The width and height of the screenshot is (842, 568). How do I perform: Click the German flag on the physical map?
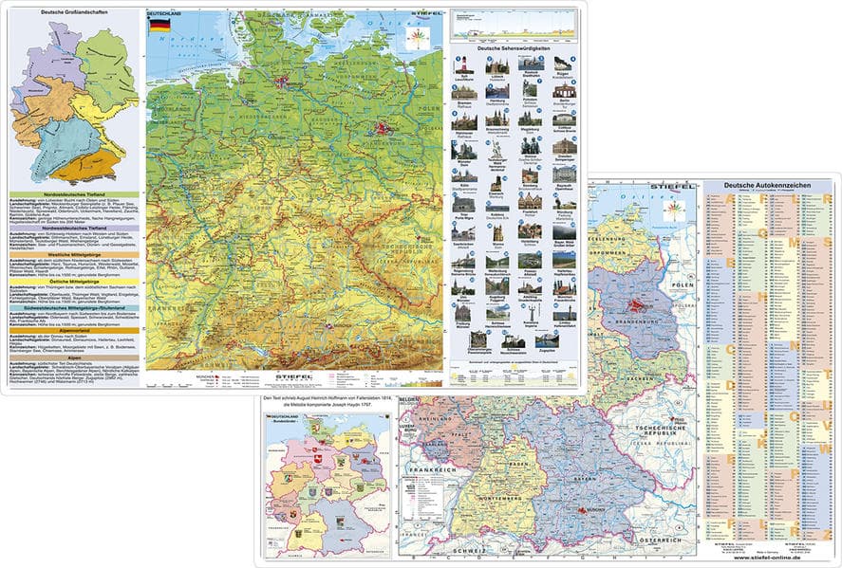[159, 26]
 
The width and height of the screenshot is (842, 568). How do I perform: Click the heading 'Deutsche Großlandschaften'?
[71, 11]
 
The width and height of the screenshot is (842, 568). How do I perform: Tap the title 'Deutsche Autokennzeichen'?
[763, 186]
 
